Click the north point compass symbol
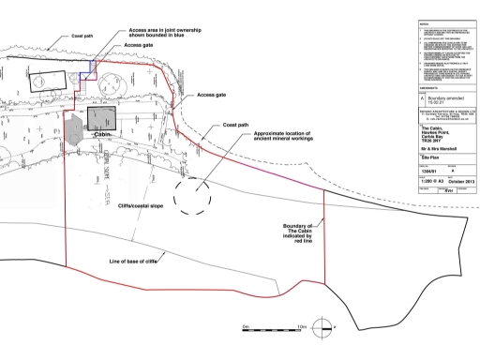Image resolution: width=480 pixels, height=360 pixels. pyautogui.click(x=322, y=329)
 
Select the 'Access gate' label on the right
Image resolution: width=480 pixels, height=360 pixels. pyautogui.click(x=212, y=96)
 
